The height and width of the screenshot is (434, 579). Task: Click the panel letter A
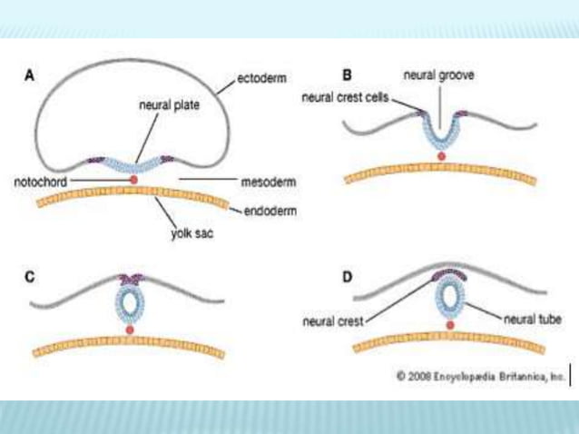tap(28, 77)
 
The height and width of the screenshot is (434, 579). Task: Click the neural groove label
tap(440, 77)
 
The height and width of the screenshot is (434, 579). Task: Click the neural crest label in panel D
tap(331, 321)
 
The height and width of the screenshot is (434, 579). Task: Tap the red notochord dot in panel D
tap(447, 325)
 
